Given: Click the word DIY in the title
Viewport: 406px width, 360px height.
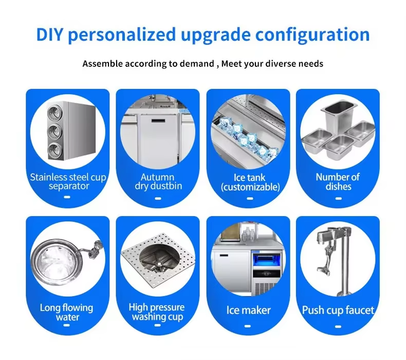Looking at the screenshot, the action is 49,34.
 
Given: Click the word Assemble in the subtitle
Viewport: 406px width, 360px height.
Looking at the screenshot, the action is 103,63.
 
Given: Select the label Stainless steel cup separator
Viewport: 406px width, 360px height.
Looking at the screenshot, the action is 68,182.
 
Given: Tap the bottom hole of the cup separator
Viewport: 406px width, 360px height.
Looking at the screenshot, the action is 54,150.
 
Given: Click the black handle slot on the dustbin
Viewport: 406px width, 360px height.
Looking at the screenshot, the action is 158,121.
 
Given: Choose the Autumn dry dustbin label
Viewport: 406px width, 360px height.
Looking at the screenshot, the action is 158,182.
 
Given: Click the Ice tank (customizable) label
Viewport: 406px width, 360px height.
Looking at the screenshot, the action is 250,182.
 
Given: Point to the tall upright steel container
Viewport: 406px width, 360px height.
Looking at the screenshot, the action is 339,115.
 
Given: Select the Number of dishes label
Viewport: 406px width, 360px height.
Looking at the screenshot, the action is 338,182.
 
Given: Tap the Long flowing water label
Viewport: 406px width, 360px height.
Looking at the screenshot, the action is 67,312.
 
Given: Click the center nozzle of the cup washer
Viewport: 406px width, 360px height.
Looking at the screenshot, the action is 159,264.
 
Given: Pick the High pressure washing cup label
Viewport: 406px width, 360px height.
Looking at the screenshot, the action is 157,312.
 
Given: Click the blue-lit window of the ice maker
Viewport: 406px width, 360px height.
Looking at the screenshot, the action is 266,261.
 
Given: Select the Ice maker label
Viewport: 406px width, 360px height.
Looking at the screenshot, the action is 249,310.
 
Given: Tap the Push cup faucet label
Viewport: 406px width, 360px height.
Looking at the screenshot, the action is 338,310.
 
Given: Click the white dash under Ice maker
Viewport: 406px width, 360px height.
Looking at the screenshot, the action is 248,326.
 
